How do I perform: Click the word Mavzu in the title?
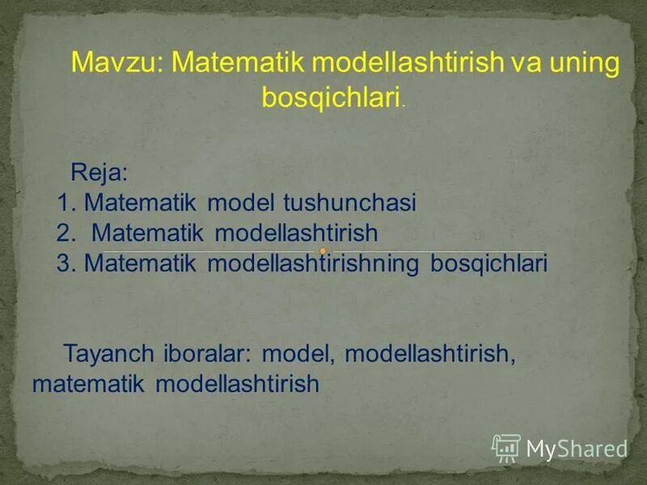116,63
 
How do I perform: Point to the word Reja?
99,172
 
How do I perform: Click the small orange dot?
322,251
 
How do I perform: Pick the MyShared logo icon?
506,447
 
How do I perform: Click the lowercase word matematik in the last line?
87,383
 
